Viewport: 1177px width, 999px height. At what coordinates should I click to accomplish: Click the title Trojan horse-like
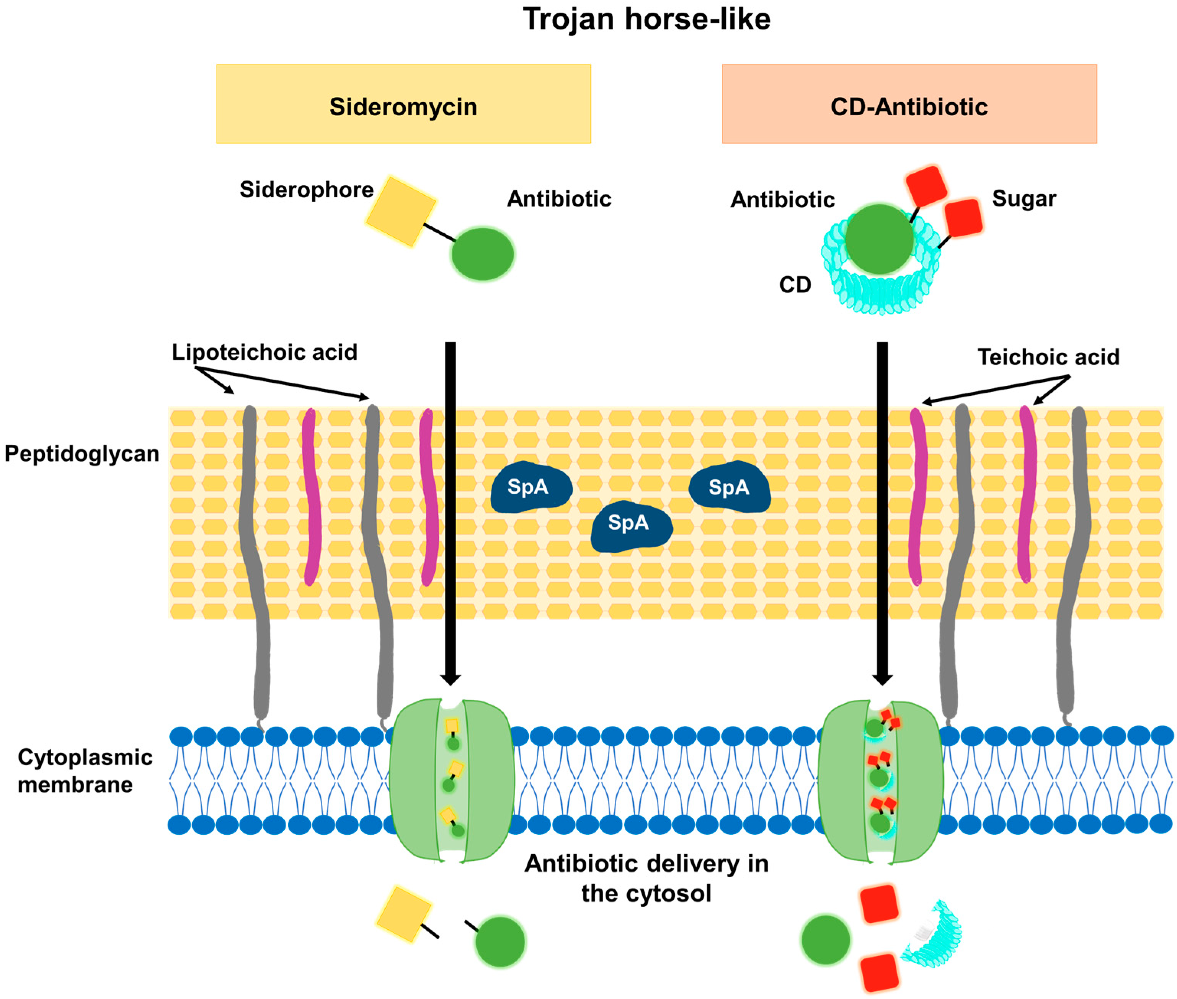pyautogui.click(x=646, y=19)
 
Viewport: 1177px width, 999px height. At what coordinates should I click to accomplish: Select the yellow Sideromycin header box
pyautogui.click(x=403, y=104)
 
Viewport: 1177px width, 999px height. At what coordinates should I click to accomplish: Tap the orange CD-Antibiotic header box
pyautogui.click(x=909, y=104)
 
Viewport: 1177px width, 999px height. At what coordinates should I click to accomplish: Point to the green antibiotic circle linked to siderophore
pyautogui.click(x=482, y=254)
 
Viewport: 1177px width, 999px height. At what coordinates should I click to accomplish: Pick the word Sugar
pyautogui.click(x=1024, y=199)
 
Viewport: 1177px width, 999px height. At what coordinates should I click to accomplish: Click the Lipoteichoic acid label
pyautogui.click(x=264, y=352)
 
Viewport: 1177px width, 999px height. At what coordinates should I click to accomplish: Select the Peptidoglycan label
pyautogui.click(x=82, y=454)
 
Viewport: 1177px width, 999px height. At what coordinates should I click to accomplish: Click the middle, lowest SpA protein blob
pyautogui.click(x=630, y=526)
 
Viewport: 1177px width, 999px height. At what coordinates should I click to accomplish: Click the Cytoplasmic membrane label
pyautogui.click(x=85, y=771)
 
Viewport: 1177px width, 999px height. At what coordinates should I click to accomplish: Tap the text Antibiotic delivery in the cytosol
pyautogui.click(x=646, y=878)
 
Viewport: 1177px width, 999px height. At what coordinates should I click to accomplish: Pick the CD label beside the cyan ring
pyautogui.click(x=795, y=285)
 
